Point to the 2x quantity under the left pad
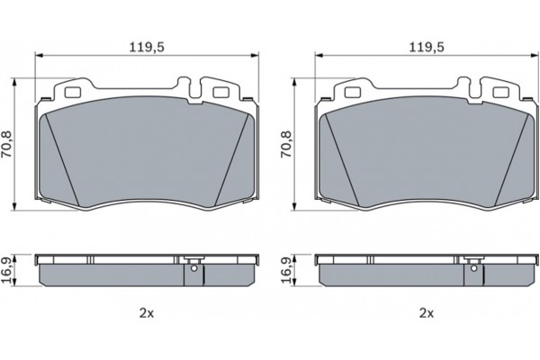click(x=147, y=313)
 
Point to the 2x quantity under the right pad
click(x=427, y=313)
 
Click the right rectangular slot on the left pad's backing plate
click(x=217, y=91)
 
